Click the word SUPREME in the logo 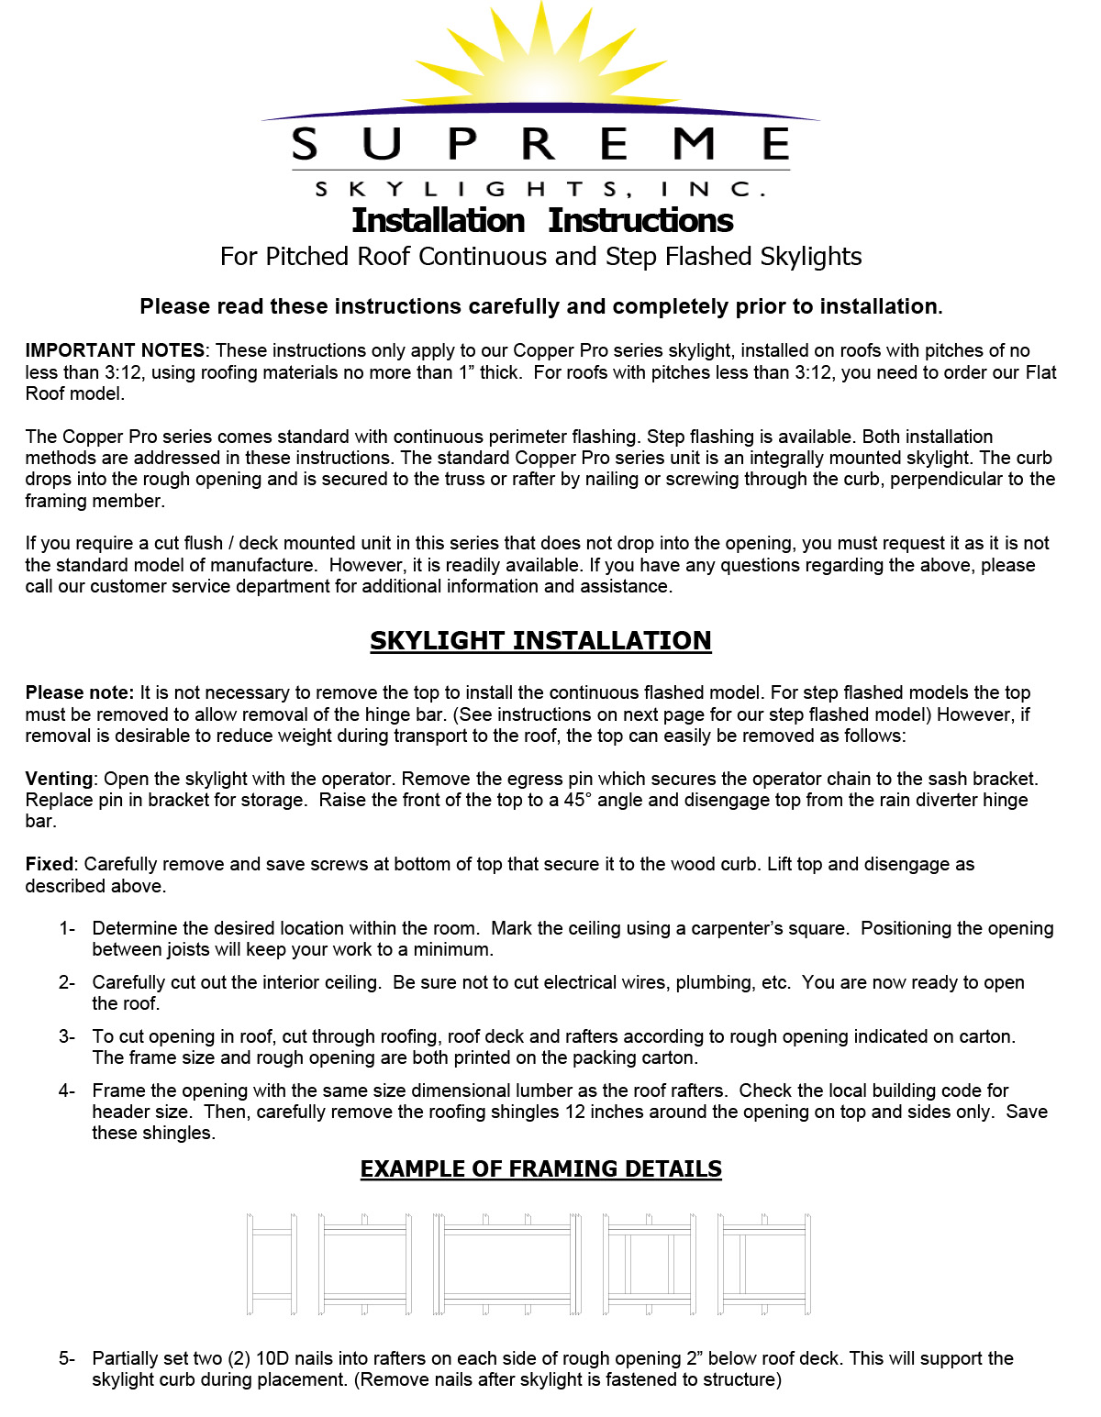540,144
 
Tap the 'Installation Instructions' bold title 542,221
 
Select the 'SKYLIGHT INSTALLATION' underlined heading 540,640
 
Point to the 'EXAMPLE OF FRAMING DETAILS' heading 540,1169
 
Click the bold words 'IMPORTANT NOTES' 115,350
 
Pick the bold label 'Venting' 59,779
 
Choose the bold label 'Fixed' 49,864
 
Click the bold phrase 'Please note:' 80,692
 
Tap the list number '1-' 67,928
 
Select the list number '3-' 67,1036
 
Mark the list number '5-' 67,1358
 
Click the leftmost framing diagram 272,1264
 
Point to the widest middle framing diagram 507,1264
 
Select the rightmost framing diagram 764,1264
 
